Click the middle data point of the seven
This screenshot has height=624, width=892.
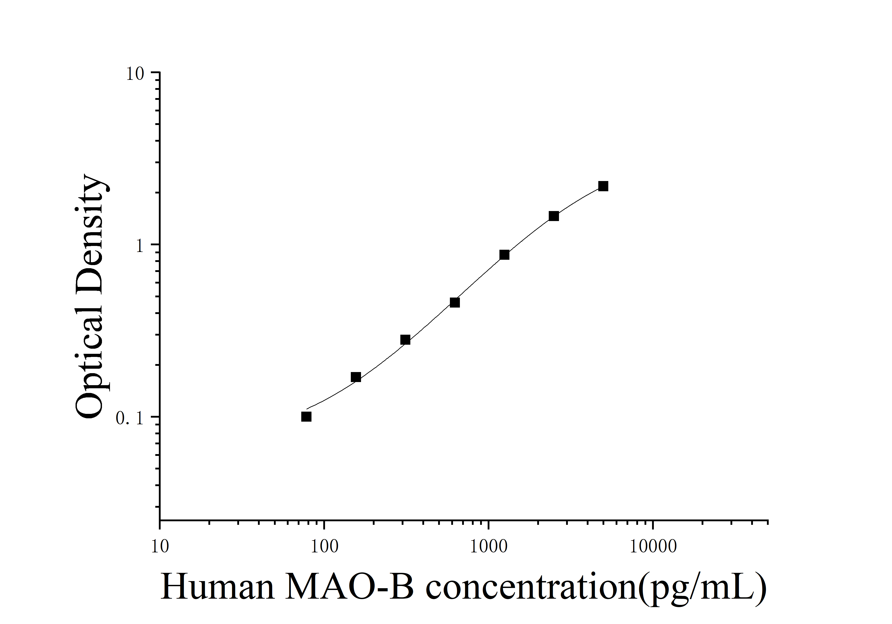pos(455,302)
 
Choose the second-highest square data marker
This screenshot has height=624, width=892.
pos(554,216)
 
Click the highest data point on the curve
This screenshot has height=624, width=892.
pos(603,186)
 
